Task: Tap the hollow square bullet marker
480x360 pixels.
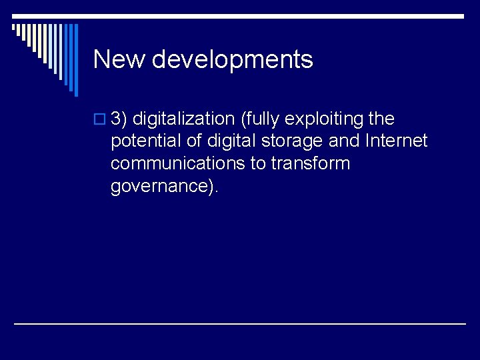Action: tap(99, 120)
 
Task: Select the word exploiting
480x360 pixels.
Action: tap(324, 119)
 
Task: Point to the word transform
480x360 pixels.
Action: tap(311, 163)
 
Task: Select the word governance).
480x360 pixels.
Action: tap(164, 186)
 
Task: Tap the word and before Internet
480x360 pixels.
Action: tap(344, 141)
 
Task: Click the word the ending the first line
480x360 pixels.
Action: tap(381, 119)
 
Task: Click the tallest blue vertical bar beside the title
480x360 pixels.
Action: tap(75, 60)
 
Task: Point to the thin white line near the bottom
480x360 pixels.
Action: tap(240, 323)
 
